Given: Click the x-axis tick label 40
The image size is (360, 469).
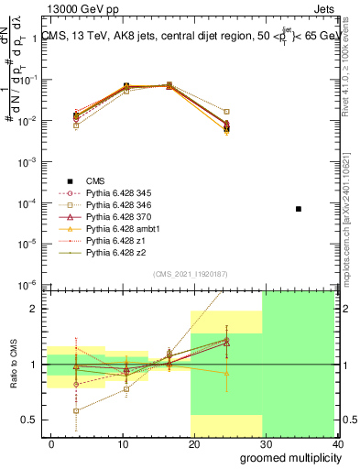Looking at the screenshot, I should (339, 444).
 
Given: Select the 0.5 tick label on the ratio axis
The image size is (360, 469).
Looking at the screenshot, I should (31, 420).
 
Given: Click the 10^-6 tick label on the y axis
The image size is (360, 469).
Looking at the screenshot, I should (28, 284).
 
